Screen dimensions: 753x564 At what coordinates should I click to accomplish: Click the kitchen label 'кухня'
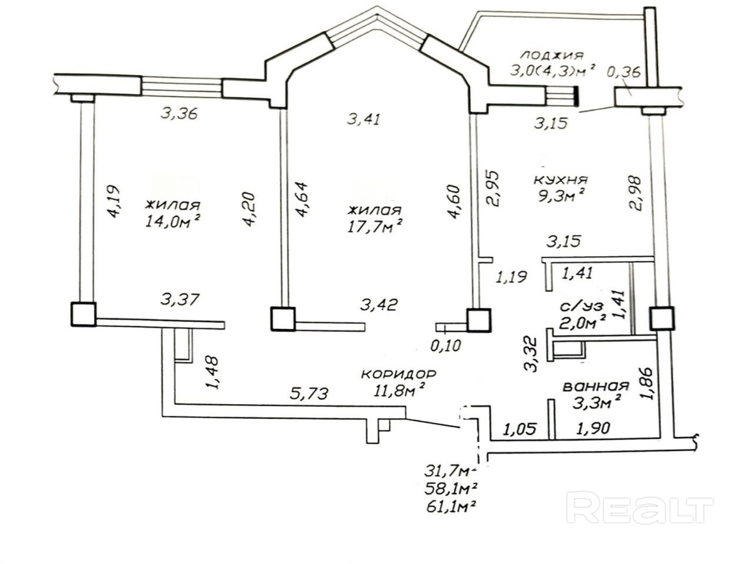coord(560,180)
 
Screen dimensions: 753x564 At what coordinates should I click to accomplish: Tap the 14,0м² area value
coord(172,221)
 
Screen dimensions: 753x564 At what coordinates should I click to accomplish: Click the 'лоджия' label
coord(552,55)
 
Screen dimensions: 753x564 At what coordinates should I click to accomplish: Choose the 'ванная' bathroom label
coord(596,387)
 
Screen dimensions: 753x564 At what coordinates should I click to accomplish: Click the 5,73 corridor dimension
coord(309,394)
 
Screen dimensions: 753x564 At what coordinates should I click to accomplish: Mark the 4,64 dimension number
coord(301,200)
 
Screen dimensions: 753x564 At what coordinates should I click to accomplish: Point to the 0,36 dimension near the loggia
coord(624,71)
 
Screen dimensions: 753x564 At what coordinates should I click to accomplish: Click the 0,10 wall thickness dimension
coord(445,346)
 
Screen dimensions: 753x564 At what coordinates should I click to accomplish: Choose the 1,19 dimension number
coord(512,277)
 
